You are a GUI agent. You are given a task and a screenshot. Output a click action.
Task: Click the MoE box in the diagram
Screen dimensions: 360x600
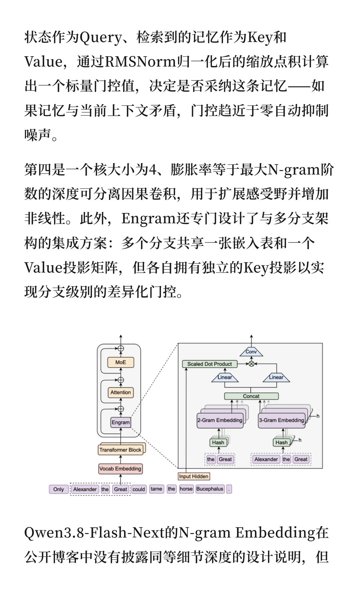(121, 362)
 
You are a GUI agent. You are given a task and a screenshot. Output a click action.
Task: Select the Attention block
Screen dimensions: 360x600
(121, 392)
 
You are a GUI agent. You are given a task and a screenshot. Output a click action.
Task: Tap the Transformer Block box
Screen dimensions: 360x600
(120, 450)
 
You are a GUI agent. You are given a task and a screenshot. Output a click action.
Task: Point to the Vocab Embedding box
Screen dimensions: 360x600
(120, 469)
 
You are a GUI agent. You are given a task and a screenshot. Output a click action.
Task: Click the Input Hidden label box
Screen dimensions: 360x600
(194, 476)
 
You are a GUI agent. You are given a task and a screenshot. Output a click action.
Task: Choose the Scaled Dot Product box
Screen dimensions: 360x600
(210, 364)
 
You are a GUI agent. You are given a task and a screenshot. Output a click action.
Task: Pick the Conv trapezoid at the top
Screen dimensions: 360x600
(251, 352)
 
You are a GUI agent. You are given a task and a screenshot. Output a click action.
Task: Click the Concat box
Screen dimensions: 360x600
(251, 396)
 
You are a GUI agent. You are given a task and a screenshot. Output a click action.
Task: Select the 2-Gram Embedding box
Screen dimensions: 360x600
(220, 420)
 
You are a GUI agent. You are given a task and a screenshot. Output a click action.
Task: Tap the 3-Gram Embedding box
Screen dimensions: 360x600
(282, 420)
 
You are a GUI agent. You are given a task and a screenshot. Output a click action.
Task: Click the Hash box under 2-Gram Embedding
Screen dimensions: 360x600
(218, 442)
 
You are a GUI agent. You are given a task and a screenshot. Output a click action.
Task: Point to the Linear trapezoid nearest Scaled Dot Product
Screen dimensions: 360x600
(225, 377)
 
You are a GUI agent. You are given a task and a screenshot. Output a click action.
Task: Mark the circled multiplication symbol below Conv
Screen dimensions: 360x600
(251, 364)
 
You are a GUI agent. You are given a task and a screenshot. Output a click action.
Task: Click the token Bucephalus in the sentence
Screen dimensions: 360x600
(210, 489)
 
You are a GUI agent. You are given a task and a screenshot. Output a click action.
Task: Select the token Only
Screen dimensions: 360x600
(59, 489)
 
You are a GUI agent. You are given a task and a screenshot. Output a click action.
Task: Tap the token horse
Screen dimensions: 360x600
(186, 489)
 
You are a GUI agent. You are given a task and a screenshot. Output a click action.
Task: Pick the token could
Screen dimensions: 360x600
(139, 489)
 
